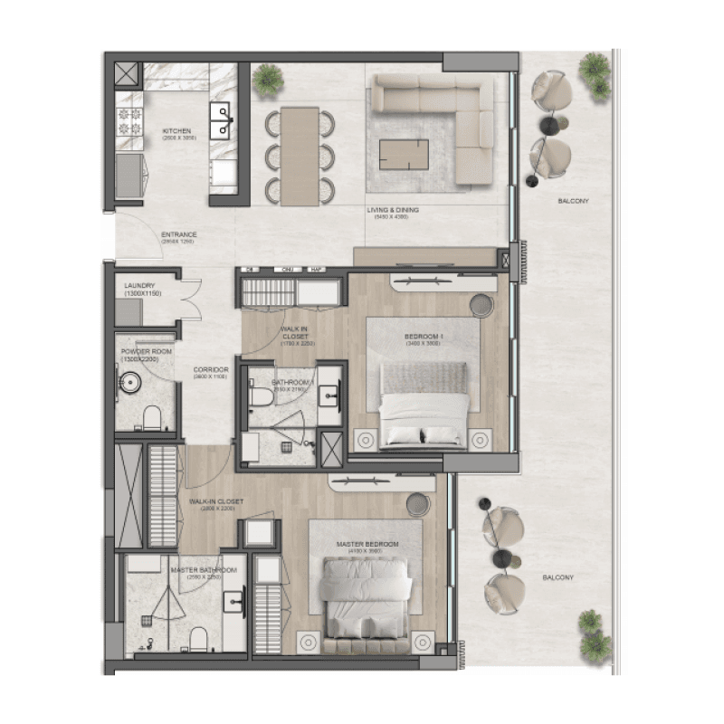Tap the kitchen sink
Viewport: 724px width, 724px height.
pos(221,119)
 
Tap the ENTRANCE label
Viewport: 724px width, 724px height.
pos(178,234)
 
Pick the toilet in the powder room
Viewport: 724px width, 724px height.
pos(152,416)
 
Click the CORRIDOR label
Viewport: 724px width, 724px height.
pos(210,370)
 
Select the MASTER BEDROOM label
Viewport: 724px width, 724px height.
pos(362,545)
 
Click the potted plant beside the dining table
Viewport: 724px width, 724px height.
pos(267,81)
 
